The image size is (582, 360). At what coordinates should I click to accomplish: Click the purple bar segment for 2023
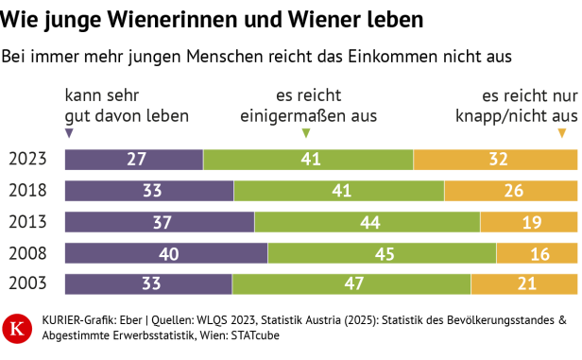133,159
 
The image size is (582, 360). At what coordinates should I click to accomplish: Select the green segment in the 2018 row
338,191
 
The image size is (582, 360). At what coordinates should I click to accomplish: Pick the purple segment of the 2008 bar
166,253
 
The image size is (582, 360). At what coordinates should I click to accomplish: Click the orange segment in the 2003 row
524,284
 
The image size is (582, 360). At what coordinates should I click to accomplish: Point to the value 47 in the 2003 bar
351,284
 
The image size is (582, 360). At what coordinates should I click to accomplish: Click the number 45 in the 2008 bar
382,253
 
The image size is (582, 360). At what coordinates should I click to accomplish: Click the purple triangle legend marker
69,133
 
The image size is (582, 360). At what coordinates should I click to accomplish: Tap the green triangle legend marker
305,133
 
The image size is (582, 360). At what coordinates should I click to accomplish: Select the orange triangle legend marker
562,133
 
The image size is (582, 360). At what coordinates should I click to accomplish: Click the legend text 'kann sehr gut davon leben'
126,106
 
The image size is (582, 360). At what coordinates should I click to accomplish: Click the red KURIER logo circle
18,328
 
